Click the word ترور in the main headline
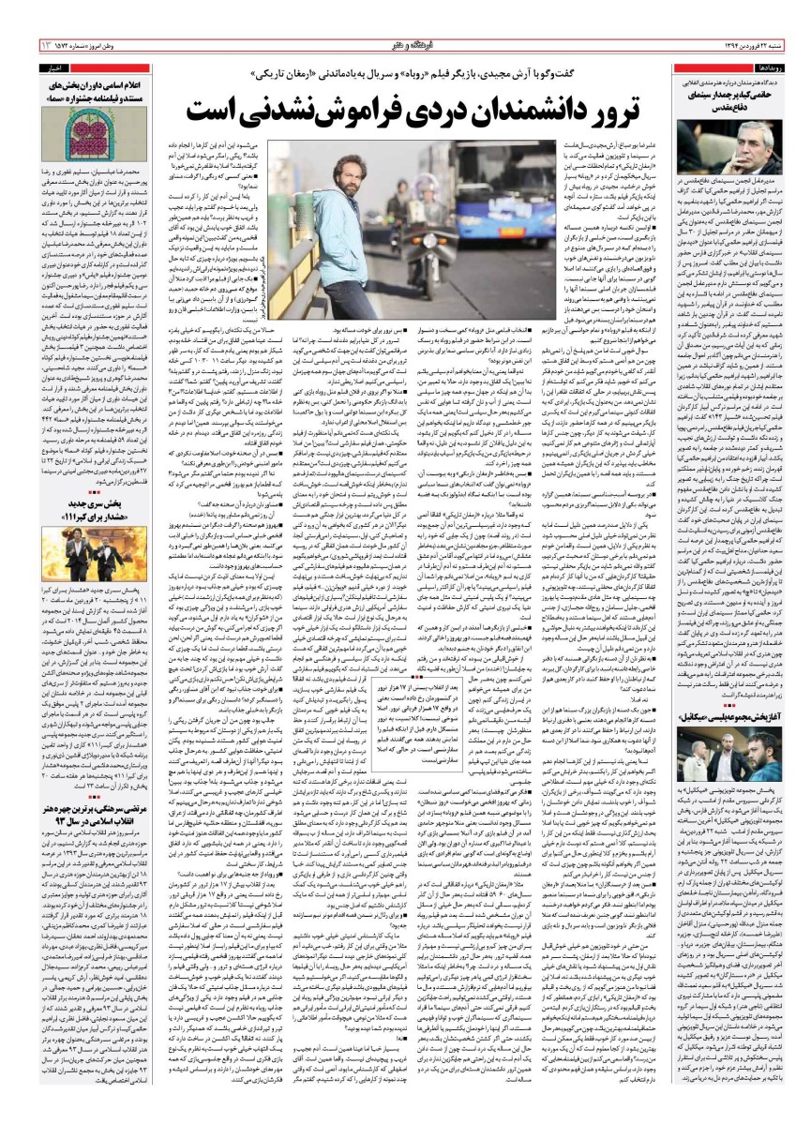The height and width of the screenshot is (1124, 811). (613, 111)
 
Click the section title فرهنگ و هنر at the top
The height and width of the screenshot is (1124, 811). (406, 45)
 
